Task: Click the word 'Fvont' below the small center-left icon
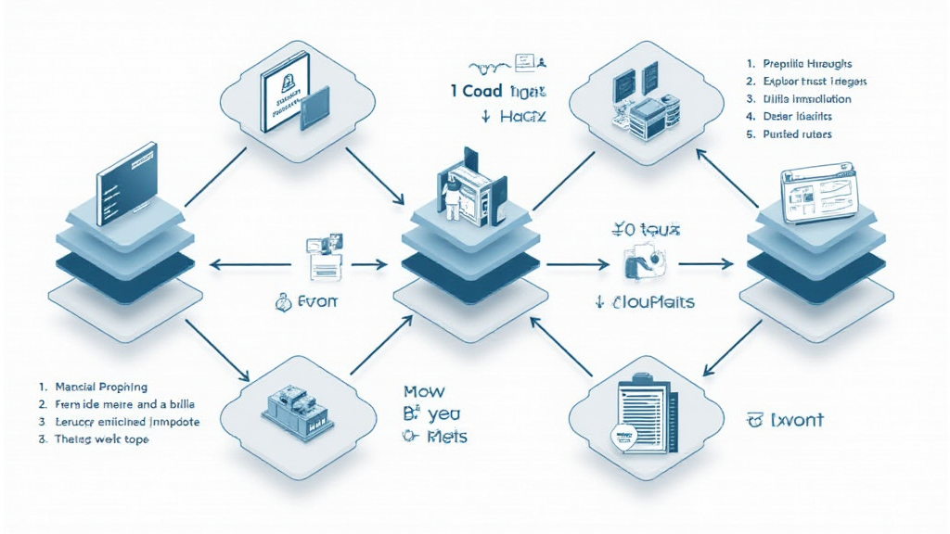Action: click(319, 302)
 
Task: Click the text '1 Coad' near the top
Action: click(476, 92)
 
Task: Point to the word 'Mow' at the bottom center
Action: click(425, 392)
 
